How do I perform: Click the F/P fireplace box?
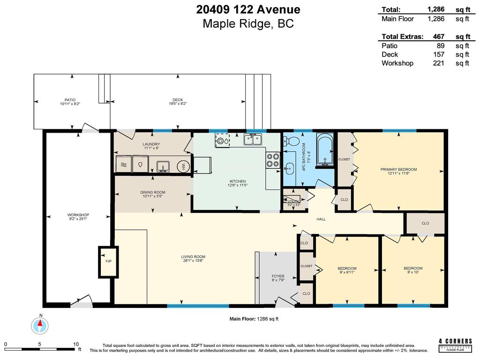point(107,261)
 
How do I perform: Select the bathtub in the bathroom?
point(324,150)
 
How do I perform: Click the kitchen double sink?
point(252,139)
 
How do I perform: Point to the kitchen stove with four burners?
point(272,160)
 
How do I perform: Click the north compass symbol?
point(40,324)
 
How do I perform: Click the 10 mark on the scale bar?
point(76,344)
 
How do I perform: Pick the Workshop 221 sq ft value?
point(438,63)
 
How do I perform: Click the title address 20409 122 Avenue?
point(248,9)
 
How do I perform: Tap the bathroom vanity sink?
point(290,166)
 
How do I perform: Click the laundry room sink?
point(163,166)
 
